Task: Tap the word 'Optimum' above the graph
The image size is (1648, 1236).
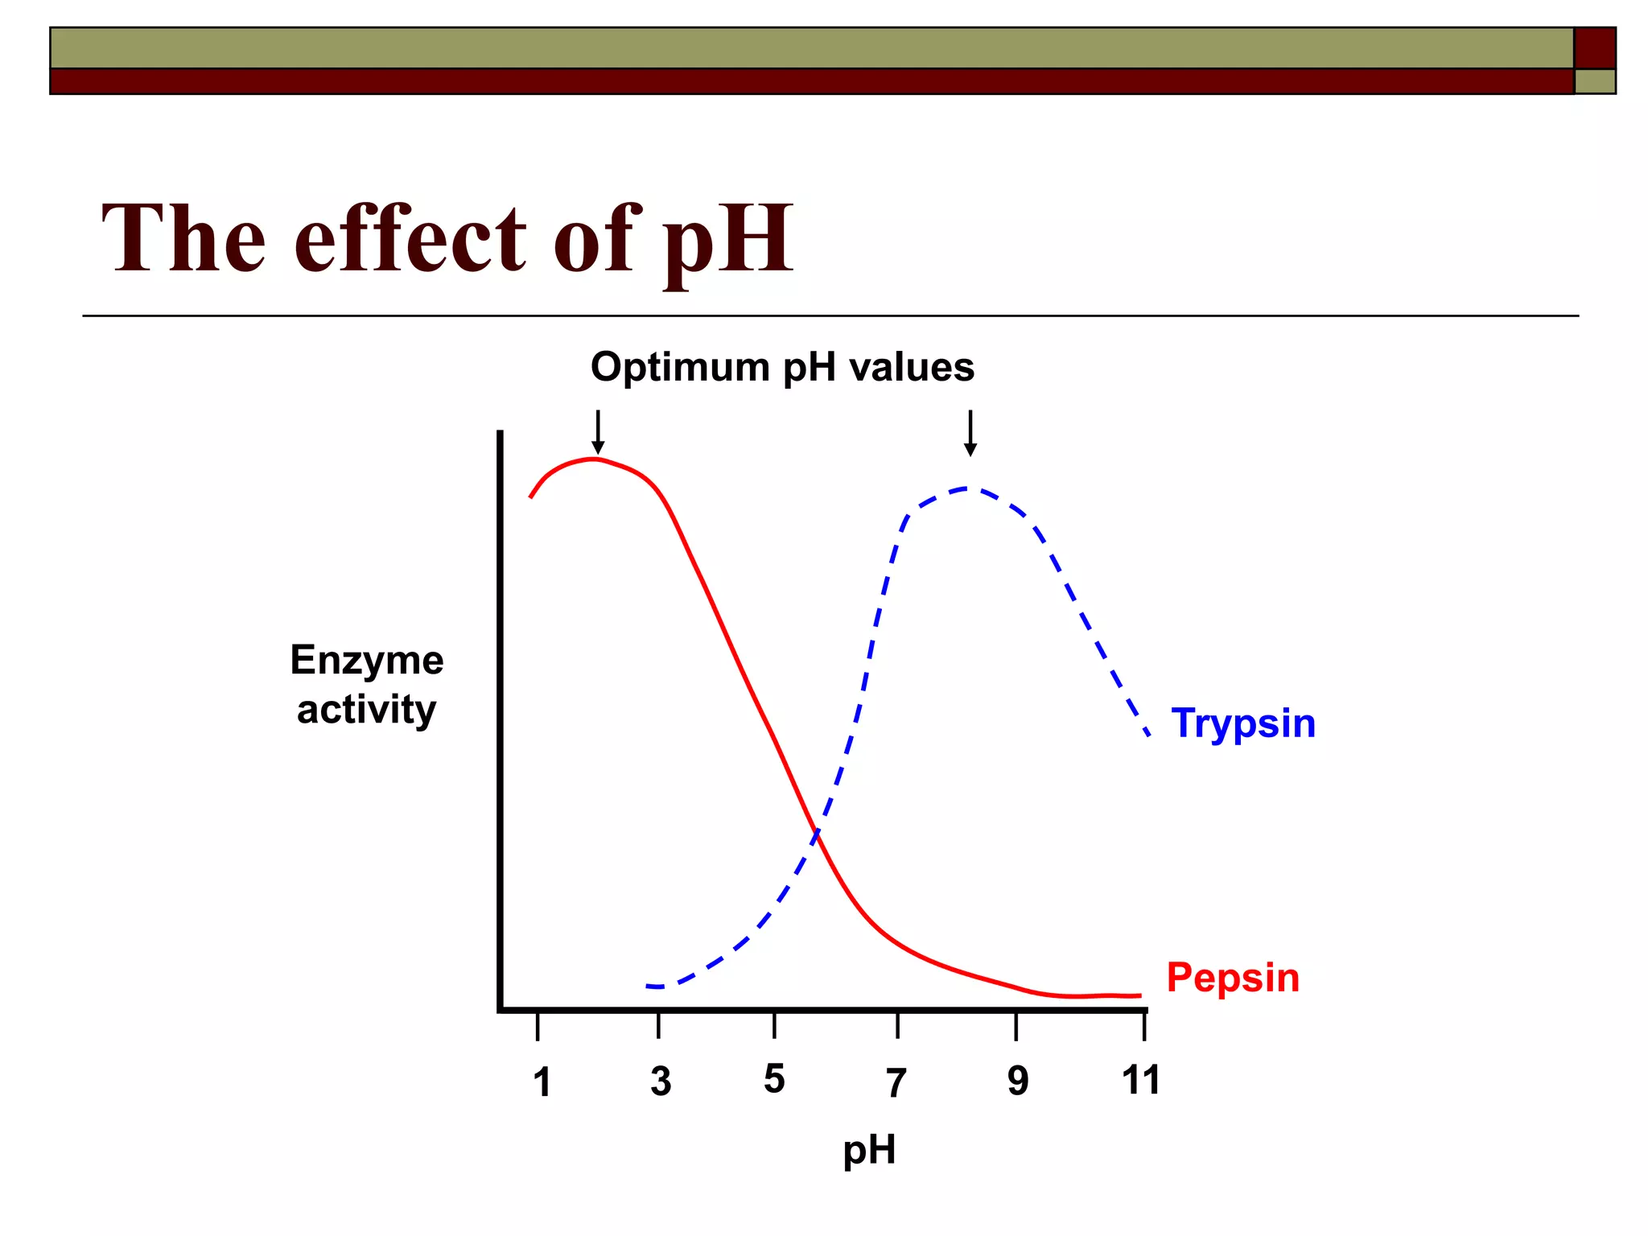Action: (680, 368)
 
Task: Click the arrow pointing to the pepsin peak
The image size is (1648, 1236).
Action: (597, 432)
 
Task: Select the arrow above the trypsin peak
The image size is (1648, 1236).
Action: (970, 433)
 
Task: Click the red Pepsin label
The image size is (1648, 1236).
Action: (1233, 978)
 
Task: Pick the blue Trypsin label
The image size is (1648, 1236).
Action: (1243, 723)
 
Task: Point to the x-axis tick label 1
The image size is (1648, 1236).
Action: (542, 1082)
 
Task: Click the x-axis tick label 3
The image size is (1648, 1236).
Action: (661, 1081)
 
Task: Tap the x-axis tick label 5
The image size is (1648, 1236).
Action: (774, 1079)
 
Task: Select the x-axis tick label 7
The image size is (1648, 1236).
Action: (896, 1083)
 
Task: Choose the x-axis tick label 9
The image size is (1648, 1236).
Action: (1018, 1081)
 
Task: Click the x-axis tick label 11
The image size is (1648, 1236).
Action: (1141, 1080)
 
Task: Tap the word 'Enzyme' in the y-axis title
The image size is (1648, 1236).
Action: (367, 661)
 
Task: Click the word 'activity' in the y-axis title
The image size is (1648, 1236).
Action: (366, 711)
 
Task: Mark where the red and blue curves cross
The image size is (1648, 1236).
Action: (816, 834)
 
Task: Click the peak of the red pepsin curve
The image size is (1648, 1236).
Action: (594, 459)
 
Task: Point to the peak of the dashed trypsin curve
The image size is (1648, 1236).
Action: (968, 488)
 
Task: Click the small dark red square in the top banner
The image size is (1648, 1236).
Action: (1594, 48)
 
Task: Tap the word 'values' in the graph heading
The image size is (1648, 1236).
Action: (912, 368)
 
